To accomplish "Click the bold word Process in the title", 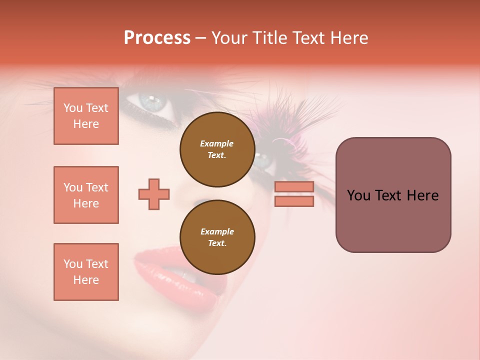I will click(x=157, y=38).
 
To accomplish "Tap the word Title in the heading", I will click(x=270, y=38).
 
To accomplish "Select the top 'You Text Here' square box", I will click(x=86, y=116).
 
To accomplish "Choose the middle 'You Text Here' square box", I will click(x=86, y=195).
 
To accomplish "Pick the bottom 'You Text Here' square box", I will click(x=86, y=272).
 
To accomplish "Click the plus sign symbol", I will click(x=154, y=194).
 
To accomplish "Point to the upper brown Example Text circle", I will click(x=217, y=149).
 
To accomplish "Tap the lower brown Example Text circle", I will click(x=217, y=237).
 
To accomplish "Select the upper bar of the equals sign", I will click(x=294, y=186).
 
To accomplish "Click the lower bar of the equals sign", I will click(x=294, y=201).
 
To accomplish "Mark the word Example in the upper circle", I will click(x=217, y=143).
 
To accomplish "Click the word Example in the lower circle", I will click(x=217, y=231).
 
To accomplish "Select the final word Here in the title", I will click(x=349, y=38).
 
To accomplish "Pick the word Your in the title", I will click(x=230, y=38).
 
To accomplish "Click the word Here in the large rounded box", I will click(x=422, y=195).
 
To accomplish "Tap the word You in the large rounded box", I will click(x=358, y=195).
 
